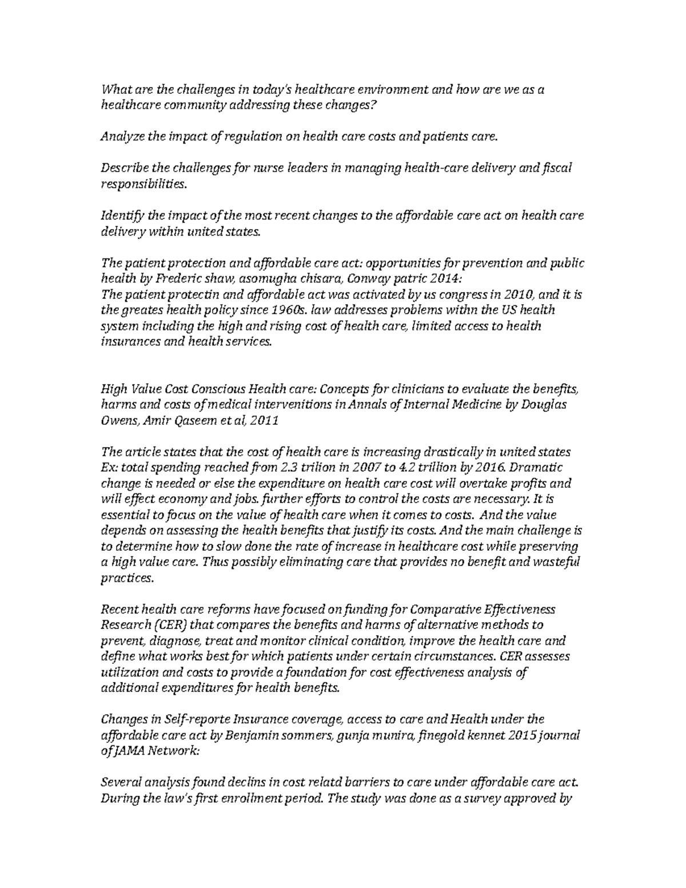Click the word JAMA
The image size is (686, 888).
(x=130, y=751)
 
